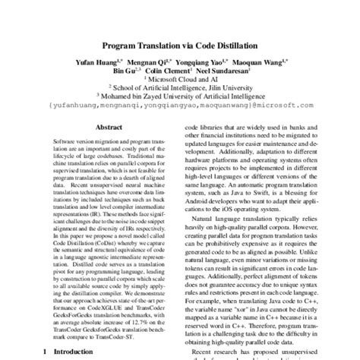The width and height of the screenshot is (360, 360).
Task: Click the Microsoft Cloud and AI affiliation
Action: pos(181,77)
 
